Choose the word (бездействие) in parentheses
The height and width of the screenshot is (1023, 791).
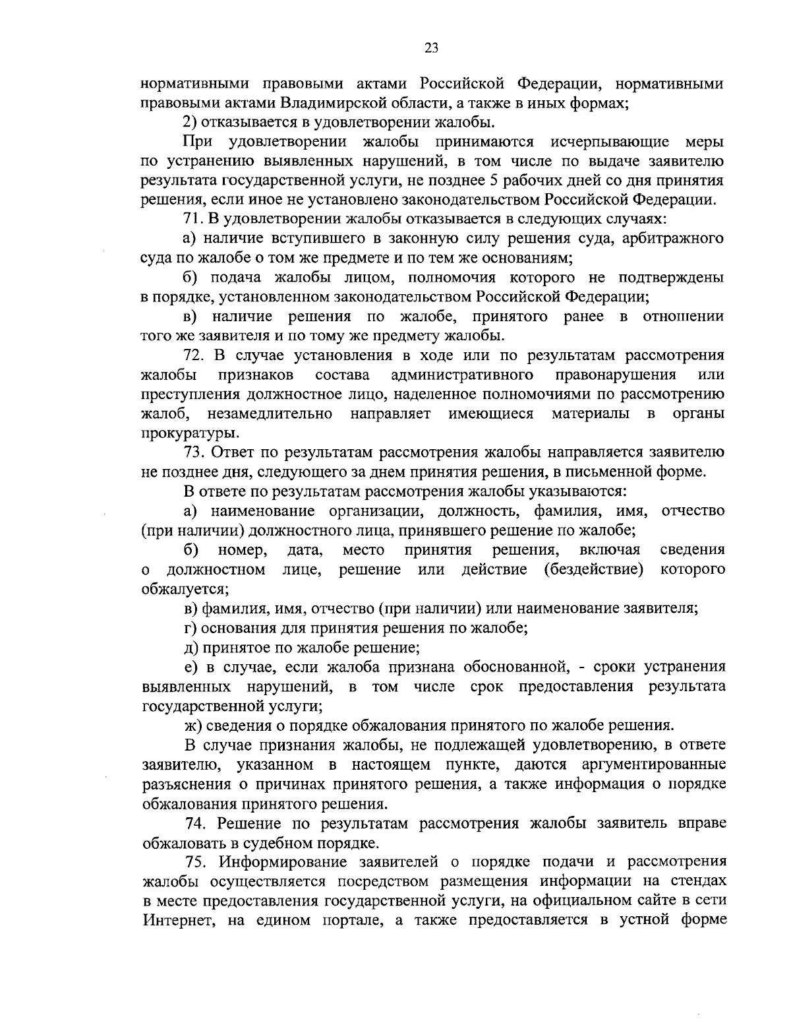[594, 569]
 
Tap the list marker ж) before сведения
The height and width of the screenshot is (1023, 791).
[192, 726]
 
